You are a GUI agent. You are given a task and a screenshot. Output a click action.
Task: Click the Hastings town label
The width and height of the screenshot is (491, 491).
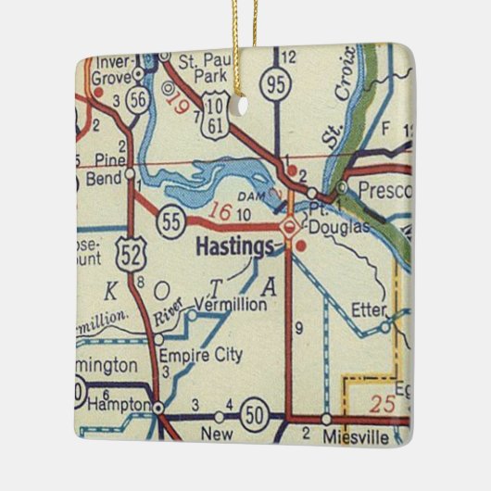click(235, 247)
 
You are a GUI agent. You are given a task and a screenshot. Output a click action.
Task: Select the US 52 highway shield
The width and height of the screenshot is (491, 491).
click(129, 249)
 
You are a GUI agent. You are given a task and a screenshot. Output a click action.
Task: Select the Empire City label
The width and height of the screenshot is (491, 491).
click(200, 354)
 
